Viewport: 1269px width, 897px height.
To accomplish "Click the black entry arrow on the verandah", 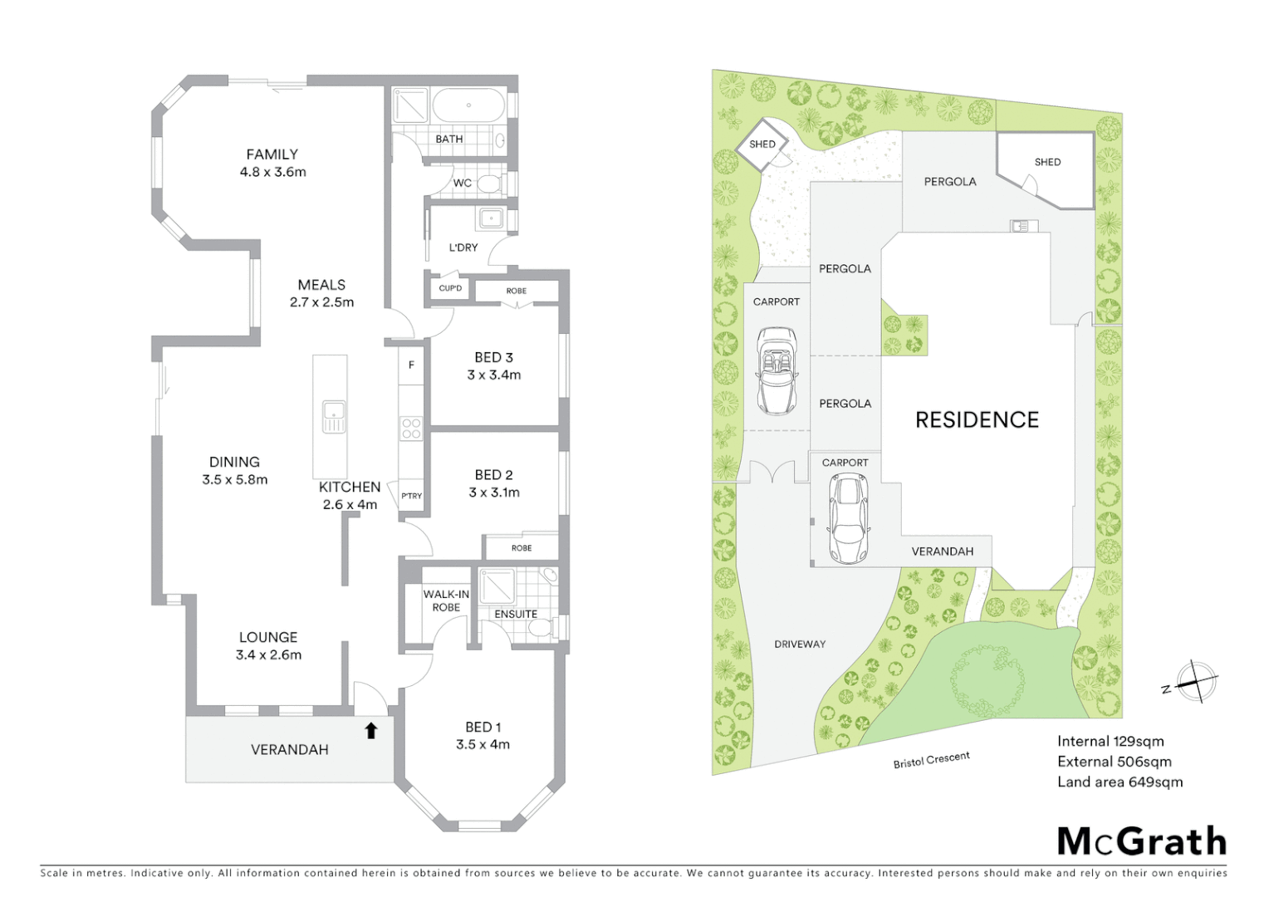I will (371, 730).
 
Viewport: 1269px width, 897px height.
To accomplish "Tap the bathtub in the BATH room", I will (468, 106).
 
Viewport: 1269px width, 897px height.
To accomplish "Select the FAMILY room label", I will (272, 154).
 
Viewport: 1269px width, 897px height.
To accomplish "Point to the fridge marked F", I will (411, 365).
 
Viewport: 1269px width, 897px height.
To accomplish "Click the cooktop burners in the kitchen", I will (411, 429).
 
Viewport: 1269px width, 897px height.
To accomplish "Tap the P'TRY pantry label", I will (411, 496).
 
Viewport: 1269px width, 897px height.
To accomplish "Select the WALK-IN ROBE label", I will (446, 600).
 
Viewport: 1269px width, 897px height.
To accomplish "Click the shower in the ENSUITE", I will (497, 586).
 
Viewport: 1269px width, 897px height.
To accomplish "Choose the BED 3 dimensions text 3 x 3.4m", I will (493, 375).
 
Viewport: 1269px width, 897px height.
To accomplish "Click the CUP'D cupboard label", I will (450, 289).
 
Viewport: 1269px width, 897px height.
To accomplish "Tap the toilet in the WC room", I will (489, 183).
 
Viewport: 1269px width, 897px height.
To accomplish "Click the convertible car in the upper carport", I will (777, 370).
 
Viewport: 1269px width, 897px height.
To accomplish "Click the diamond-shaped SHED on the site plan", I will (762, 145).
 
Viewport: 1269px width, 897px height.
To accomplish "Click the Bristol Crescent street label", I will (931, 760).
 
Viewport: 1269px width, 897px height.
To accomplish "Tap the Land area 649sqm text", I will (1120, 782).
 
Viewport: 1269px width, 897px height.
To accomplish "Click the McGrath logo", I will (1141, 841).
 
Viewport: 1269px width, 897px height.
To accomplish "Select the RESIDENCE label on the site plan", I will (977, 420).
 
